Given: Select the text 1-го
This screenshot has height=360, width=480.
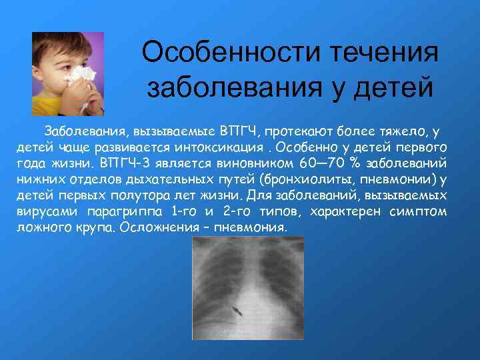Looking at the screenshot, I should click(x=184, y=211).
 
